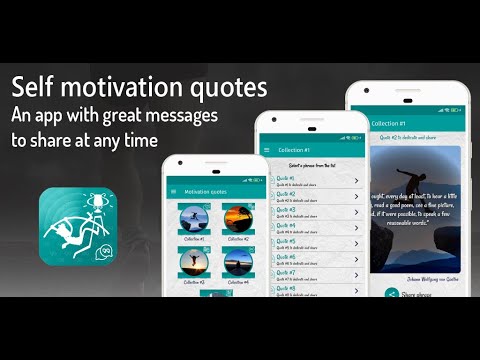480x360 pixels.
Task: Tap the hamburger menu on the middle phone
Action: (x=266, y=150)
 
